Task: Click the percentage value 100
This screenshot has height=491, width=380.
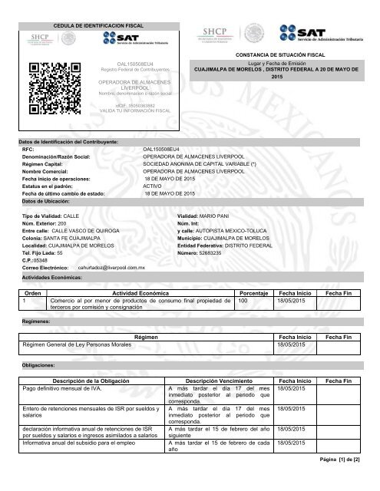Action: [x=243, y=301]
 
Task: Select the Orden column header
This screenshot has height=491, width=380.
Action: [x=34, y=292]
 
